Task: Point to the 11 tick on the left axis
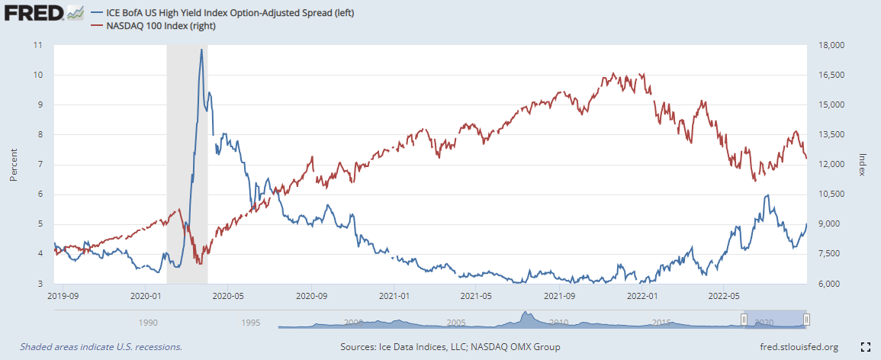point(38,45)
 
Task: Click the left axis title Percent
point(14,164)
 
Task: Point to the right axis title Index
point(863,163)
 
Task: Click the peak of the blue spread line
point(201,50)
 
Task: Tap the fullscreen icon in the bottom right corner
point(866,347)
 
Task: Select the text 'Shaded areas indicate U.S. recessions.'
point(101,347)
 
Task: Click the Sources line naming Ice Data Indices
point(450,347)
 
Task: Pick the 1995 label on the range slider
point(251,323)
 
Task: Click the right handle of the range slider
point(806,320)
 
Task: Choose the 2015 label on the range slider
point(661,323)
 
